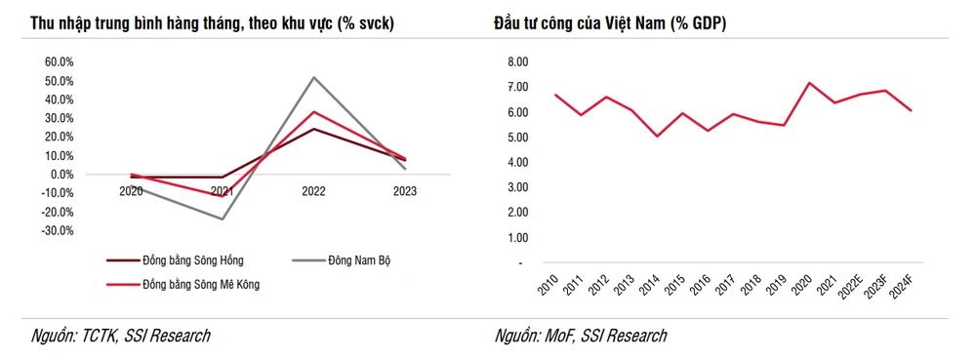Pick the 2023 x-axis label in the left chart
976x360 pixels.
(x=403, y=192)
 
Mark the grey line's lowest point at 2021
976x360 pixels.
(x=223, y=220)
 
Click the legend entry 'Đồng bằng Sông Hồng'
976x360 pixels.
(x=192, y=260)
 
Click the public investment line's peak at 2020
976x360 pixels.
(x=808, y=83)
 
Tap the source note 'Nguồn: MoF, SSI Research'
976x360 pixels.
(x=581, y=337)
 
